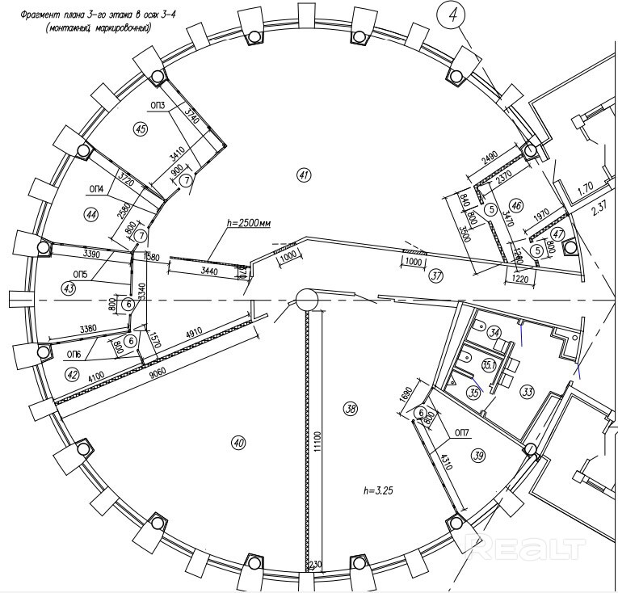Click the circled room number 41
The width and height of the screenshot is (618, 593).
click(x=304, y=174)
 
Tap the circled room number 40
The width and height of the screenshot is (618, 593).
click(x=238, y=443)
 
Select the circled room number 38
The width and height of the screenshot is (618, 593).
click(x=350, y=409)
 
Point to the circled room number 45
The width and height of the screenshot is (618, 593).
click(x=141, y=128)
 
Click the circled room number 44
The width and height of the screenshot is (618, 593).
click(x=90, y=213)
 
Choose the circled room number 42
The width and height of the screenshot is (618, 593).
click(x=72, y=374)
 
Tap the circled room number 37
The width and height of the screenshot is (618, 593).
click(x=437, y=275)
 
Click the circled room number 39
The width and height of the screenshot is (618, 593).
click(x=479, y=456)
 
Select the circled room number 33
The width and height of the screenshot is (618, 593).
click(x=528, y=392)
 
